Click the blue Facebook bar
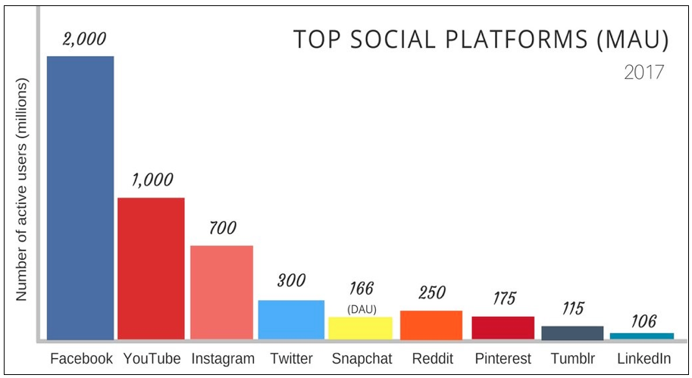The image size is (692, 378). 80,197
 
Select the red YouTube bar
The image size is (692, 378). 151,268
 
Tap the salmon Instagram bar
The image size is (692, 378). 221,292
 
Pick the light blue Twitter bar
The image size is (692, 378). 291,319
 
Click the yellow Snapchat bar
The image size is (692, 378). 360,327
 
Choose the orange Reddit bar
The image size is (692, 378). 431,324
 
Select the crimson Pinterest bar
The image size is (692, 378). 503,327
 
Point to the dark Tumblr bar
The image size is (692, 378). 572,333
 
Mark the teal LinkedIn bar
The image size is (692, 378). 641,336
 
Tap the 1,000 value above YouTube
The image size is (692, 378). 151,180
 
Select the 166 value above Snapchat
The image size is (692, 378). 362,289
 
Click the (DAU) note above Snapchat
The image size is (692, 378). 362,308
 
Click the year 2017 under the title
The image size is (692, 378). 643,73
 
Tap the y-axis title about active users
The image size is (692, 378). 21,190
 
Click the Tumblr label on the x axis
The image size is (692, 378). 572,358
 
